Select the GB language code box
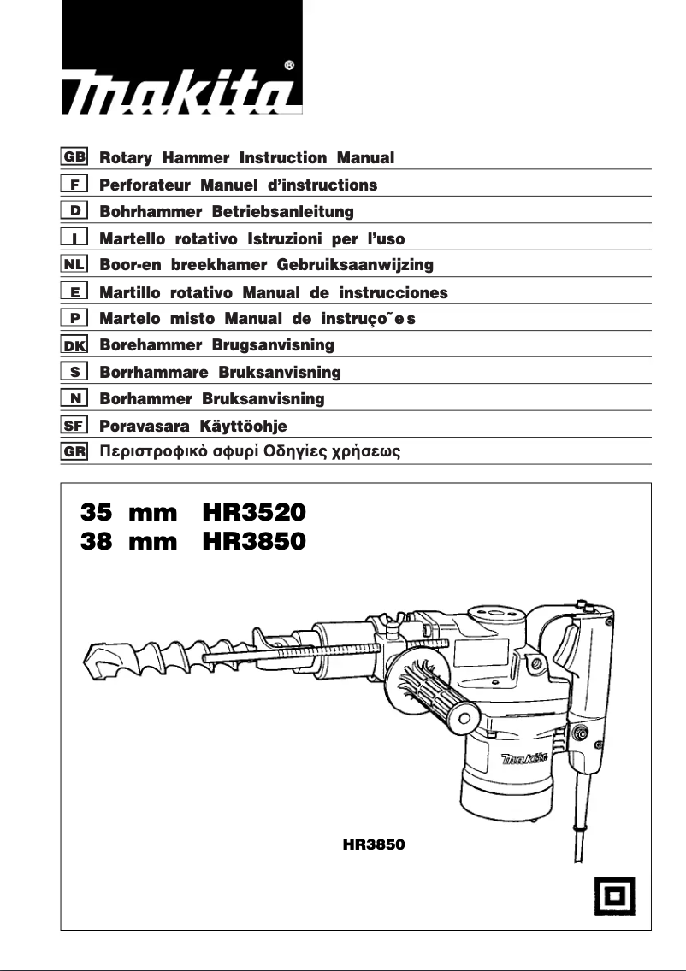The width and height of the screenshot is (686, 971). coord(74,158)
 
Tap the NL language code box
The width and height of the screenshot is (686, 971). coord(74,265)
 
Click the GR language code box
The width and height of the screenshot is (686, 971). coord(74,451)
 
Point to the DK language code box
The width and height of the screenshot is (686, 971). coord(74,345)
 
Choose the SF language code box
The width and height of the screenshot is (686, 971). coord(74,425)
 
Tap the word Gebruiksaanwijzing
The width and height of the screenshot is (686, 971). coord(356,265)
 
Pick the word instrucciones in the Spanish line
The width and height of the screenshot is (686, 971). coord(393,292)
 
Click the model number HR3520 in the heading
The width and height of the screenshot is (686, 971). coord(254,513)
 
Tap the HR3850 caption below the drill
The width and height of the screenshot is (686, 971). coord(373,844)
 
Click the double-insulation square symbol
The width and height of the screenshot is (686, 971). coord(614,897)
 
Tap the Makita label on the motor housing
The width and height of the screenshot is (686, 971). coord(524,757)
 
